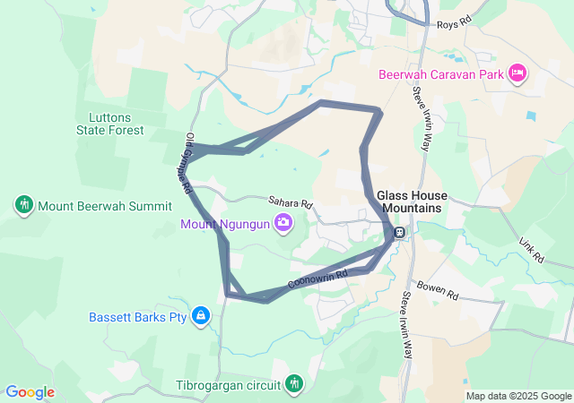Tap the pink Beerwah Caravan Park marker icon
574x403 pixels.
[x=517, y=73]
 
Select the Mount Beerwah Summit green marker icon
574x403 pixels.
[x=24, y=205]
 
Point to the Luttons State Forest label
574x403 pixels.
[x=117, y=123]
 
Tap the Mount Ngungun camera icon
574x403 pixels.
[x=284, y=222]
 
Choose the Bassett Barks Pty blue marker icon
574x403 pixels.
[x=201, y=316]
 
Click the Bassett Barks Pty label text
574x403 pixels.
[x=137, y=317]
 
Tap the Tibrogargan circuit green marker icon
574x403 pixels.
[x=293, y=384]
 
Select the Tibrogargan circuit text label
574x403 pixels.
[x=228, y=386]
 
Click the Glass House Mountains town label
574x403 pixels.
[x=409, y=201]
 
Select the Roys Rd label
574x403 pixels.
[x=453, y=24]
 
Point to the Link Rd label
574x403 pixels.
[x=531, y=249]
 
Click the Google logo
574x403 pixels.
[x=30, y=392]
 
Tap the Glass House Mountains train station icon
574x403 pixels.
[x=398, y=233]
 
